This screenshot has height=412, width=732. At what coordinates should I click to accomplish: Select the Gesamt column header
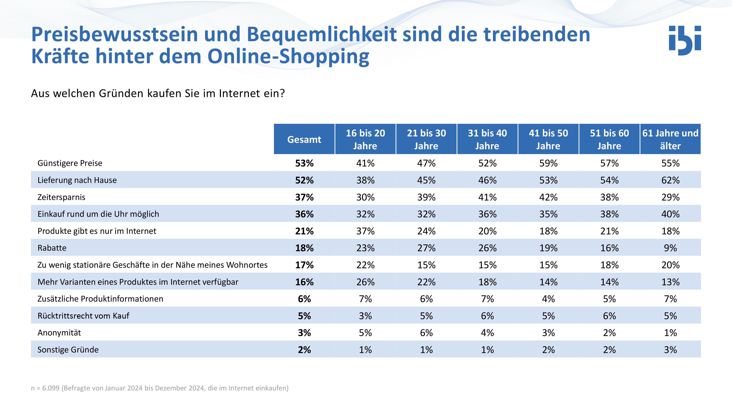(x=304, y=139)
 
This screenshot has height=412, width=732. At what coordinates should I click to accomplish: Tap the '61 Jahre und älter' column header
(x=670, y=139)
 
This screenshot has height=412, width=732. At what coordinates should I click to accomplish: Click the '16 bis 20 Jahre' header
(x=365, y=139)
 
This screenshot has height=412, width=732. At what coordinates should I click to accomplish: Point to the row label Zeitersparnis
(x=61, y=197)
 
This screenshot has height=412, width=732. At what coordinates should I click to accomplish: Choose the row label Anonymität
(x=59, y=333)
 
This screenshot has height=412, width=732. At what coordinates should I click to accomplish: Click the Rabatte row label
(x=52, y=248)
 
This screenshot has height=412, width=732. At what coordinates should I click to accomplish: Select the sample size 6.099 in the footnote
(x=51, y=388)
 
